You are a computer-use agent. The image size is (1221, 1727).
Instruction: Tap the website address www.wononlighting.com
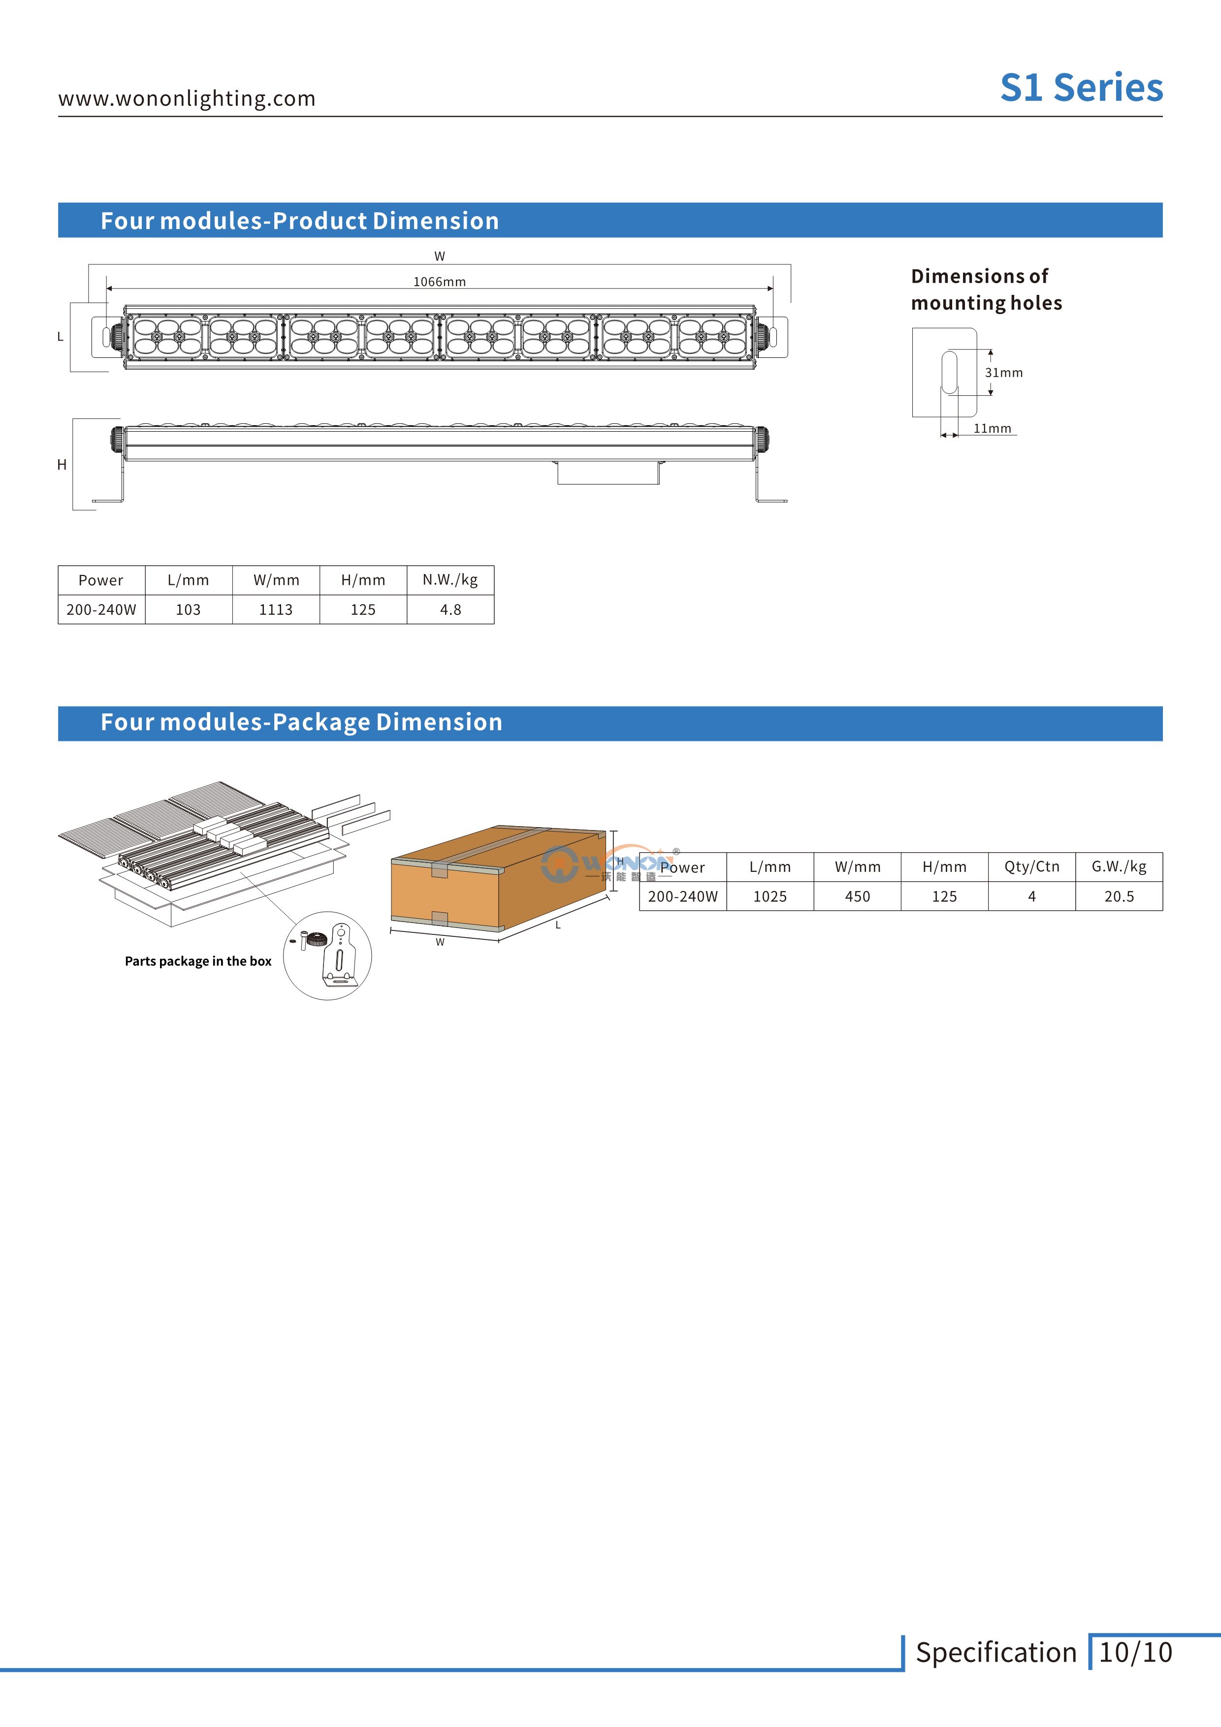pos(187,98)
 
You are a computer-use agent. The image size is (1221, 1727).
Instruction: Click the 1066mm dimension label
pos(439,282)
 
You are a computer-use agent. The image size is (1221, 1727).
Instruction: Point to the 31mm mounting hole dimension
pos(1003,372)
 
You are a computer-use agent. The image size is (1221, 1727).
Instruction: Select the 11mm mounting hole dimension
pos(992,428)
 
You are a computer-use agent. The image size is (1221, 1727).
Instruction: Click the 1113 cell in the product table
pos(276,610)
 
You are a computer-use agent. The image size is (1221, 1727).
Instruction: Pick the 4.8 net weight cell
pos(450,610)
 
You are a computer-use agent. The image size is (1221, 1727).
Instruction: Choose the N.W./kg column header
pos(450,580)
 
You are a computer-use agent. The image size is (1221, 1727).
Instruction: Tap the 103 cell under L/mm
pos(188,610)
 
